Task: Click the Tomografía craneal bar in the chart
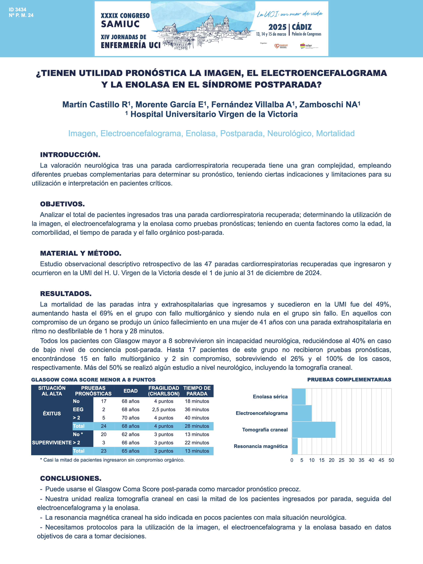(x=313, y=430)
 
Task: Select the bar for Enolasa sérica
(x=299, y=397)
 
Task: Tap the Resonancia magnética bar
(x=295, y=446)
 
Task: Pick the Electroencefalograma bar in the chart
(x=302, y=413)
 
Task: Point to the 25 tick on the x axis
(x=341, y=460)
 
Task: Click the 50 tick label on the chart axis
(x=391, y=460)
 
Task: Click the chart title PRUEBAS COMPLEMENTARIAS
(x=349, y=380)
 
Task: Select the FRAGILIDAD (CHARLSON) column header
(x=164, y=391)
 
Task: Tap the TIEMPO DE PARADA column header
(x=197, y=391)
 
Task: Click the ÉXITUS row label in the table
(x=52, y=414)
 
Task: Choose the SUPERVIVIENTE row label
(x=52, y=443)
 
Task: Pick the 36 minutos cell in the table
(x=197, y=409)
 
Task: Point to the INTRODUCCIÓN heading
(x=70, y=155)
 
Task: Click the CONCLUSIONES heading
(x=71, y=478)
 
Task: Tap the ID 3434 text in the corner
(x=18, y=10)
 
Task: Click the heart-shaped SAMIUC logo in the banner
(x=277, y=46)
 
